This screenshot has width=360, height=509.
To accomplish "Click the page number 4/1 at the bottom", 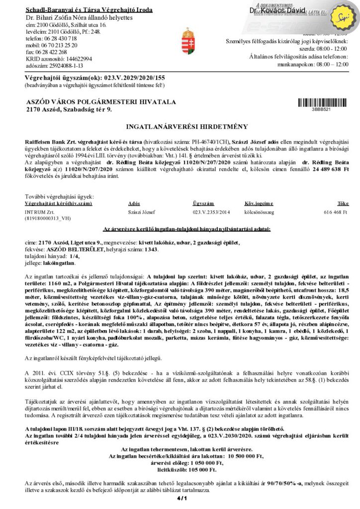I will point(180,498).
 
